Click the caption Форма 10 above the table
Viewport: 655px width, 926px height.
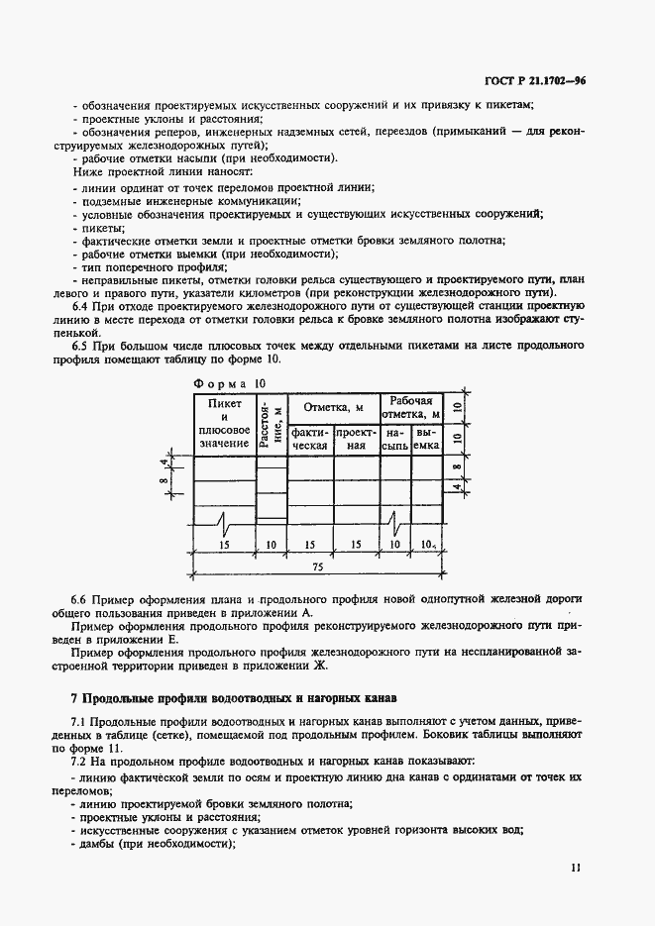229,382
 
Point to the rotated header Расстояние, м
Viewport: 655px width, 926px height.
272,423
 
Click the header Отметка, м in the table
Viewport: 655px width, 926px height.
333,407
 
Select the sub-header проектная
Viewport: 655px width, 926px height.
357,440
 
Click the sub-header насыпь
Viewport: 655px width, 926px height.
395,440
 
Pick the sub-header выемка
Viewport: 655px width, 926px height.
426,440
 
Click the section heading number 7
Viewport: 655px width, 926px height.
74,698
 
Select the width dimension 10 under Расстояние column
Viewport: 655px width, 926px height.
272,545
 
